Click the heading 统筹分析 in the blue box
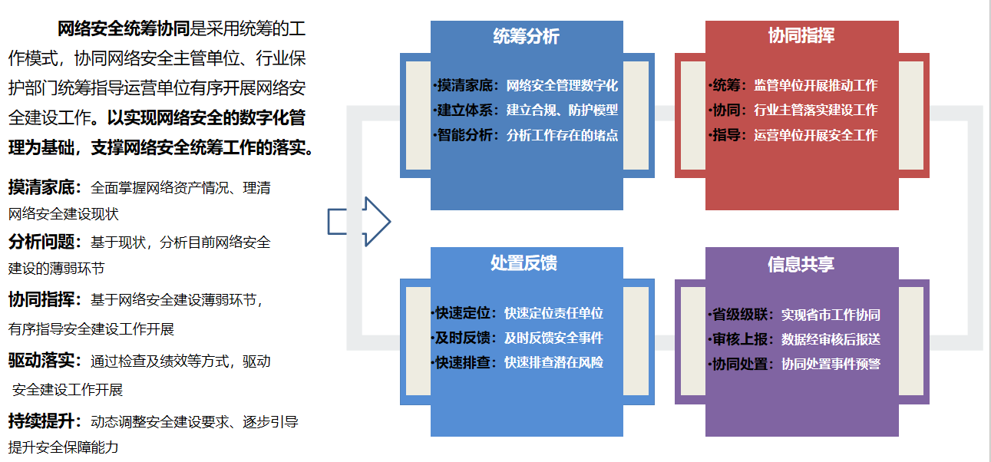click(x=526, y=37)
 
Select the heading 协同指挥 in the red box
click(x=801, y=36)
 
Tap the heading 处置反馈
click(x=524, y=263)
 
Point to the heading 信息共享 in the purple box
click(x=801, y=264)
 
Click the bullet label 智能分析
click(x=465, y=136)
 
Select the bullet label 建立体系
click(x=465, y=111)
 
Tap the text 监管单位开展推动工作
click(x=815, y=85)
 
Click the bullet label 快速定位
click(x=463, y=313)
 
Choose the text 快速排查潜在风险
click(x=553, y=363)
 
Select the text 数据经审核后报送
click(x=831, y=339)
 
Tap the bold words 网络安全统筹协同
click(x=124, y=30)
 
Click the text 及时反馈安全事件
click(x=553, y=338)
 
